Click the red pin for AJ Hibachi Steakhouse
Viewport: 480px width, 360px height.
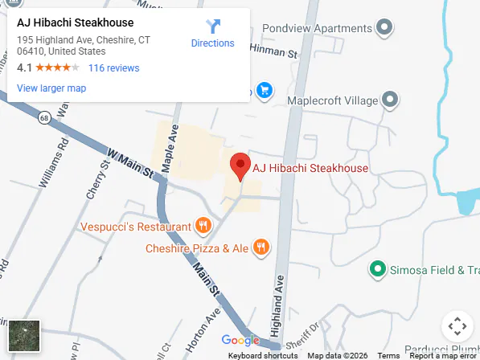pos(240,166)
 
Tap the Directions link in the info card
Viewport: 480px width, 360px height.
pos(213,34)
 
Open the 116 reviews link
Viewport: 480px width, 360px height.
pos(113,68)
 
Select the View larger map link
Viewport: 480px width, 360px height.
pos(51,88)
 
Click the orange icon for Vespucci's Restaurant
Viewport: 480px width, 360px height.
pos(203,227)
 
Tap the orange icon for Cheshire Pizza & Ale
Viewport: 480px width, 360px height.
pos(261,247)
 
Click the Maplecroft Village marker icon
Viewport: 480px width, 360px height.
pos(390,100)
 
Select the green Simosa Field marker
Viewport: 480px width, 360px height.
pos(375,268)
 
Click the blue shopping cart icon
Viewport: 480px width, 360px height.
pos(264,90)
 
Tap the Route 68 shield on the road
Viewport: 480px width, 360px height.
pos(43,118)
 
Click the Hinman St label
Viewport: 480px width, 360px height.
pos(275,50)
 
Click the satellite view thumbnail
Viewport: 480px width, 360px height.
pos(24,335)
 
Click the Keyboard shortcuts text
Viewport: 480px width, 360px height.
pos(263,355)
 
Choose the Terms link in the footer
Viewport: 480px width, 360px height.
pos(388,355)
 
